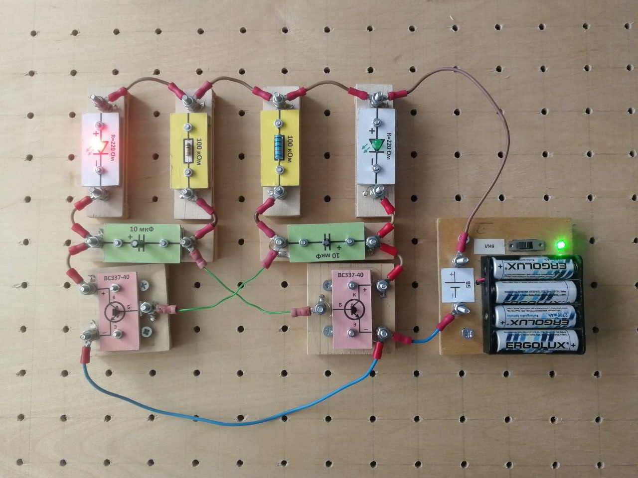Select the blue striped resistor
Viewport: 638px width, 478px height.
279,147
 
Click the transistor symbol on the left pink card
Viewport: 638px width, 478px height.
115,312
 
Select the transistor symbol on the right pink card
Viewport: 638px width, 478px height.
352,310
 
